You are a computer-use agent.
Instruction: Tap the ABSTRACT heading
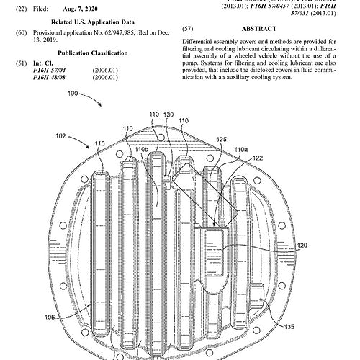click(x=262, y=30)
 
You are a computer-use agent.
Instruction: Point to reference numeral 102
click(x=61, y=135)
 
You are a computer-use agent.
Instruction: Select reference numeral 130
click(x=168, y=114)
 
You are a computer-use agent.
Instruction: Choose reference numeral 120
click(x=302, y=246)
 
